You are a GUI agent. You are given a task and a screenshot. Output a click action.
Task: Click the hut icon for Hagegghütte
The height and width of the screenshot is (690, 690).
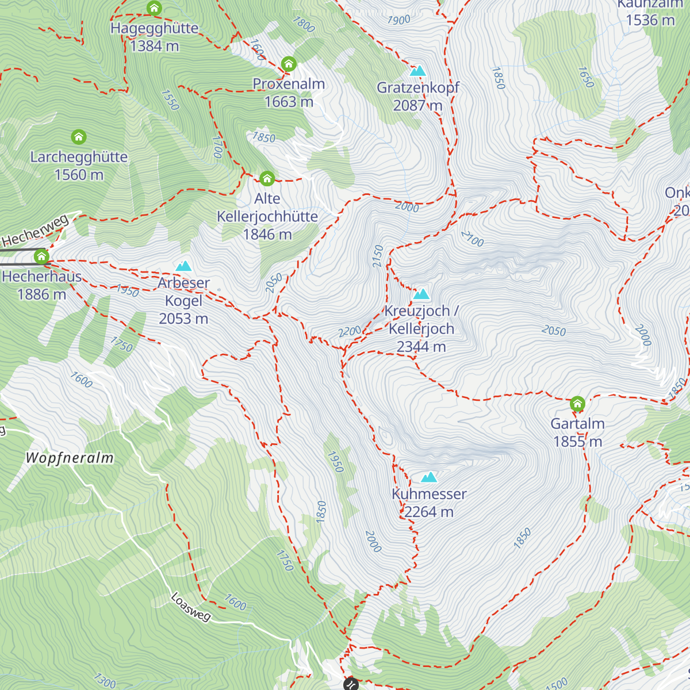(x=154, y=8)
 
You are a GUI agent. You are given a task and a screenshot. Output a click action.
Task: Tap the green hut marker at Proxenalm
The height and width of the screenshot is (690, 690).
(x=289, y=63)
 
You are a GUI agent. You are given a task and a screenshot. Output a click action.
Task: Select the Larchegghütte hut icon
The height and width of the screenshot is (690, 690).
(x=79, y=137)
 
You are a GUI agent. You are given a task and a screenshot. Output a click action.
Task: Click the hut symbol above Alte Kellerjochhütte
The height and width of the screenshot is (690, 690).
(x=267, y=178)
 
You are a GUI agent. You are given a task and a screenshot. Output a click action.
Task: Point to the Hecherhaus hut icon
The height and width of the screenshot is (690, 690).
(x=41, y=256)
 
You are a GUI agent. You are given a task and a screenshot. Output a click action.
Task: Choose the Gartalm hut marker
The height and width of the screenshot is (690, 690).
(x=577, y=404)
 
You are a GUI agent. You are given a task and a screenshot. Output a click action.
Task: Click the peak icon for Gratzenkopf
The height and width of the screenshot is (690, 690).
(x=417, y=71)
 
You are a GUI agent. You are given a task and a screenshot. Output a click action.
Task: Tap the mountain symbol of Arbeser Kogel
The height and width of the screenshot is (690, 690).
(x=183, y=266)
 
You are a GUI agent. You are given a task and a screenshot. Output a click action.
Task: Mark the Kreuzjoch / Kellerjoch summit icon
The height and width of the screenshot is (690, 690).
(x=421, y=294)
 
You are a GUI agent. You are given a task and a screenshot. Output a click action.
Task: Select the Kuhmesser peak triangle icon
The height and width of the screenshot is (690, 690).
(x=428, y=477)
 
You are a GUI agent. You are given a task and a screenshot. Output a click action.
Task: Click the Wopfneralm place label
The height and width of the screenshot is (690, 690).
(x=70, y=458)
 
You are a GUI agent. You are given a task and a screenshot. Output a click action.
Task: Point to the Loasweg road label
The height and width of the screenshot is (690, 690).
(x=191, y=607)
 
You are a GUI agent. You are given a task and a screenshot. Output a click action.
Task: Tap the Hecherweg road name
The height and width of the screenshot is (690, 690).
(x=36, y=231)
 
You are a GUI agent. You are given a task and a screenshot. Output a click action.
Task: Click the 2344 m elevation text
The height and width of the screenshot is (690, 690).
(x=421, y=347)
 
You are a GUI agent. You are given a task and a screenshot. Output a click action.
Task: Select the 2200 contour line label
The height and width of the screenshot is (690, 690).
(x=350, y=331)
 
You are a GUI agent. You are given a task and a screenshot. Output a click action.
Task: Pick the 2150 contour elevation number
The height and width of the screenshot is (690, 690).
(x=378, y=256)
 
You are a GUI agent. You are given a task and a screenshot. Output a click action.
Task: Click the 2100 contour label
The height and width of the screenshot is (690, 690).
(x=472, y=239)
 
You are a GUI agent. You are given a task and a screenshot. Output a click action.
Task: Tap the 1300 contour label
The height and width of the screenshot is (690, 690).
(x=104, y=681)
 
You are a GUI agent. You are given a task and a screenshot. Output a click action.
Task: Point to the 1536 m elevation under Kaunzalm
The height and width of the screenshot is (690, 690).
(x=650, y=20)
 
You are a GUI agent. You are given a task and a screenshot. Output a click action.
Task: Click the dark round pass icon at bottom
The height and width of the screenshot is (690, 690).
(x=351, y=684)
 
